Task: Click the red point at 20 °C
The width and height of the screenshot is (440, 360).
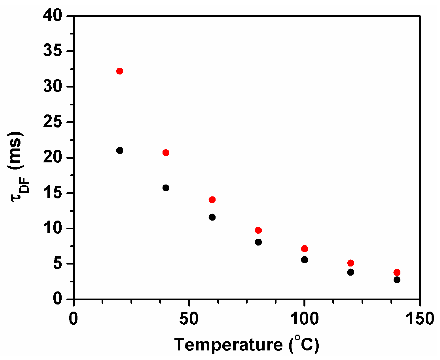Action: tap(120, 71)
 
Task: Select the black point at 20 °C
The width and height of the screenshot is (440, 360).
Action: tap(120, 150)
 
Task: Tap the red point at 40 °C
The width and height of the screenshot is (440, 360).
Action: tap(166, 153)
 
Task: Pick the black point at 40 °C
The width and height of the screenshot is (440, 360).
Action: tap(166, 188)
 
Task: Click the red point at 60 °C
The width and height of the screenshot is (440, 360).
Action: tap(212, 200)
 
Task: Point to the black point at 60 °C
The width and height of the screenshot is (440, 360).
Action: tap(212, 217)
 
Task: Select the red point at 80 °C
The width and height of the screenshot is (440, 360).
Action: tap(258, 230)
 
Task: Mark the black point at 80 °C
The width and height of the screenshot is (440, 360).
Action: tap(258, 242)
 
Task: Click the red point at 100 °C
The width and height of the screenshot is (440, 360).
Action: tap(305, 249)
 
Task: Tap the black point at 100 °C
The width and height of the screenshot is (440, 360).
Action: tap(305, 260)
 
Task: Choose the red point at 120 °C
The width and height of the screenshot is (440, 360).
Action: tap(351, 263)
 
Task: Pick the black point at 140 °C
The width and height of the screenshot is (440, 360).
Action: tap(397, 280)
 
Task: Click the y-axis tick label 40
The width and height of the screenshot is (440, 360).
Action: tap(53, 16)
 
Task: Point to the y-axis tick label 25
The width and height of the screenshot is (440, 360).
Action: tap(53, 122)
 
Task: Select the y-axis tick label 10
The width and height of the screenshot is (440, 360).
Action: tap(53, 228)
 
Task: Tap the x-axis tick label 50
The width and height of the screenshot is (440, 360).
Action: tap(189, 319)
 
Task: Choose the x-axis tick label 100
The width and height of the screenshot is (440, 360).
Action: tap(304, 319)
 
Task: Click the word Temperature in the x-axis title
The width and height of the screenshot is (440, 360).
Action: tap(228, 345)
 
